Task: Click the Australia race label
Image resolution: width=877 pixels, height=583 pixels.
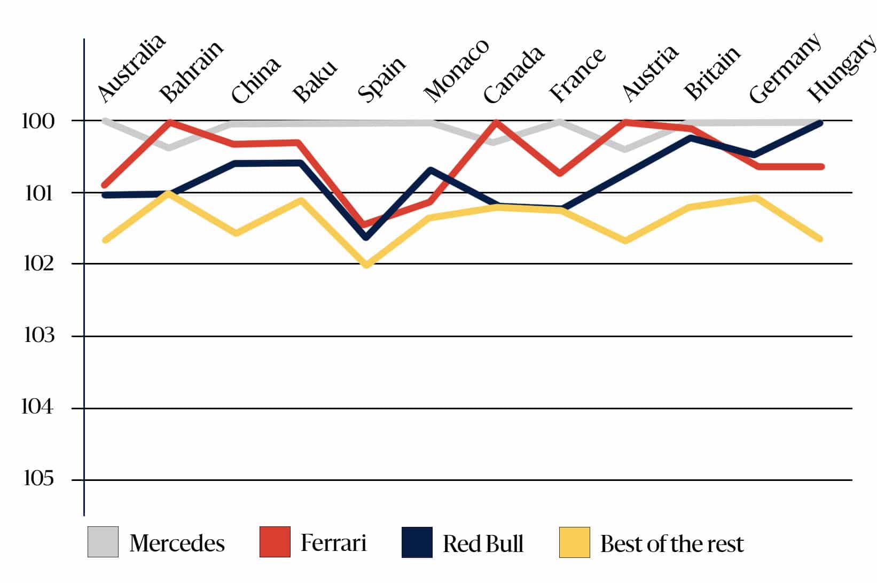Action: coord(131,68)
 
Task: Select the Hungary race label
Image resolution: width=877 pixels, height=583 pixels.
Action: coord(841,68)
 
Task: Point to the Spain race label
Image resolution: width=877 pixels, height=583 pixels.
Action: coord(381,80)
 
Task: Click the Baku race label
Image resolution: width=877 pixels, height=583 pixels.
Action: coord(315,81)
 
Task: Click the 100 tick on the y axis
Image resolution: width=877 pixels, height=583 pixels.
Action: coord(38,121)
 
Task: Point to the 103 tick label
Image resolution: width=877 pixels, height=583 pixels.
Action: coord(39,336)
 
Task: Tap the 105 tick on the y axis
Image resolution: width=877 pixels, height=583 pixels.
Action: coord(39,478)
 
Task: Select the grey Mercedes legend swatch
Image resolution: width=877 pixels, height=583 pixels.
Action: coord(103,542)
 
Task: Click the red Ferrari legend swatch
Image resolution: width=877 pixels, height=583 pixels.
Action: coord(275,542)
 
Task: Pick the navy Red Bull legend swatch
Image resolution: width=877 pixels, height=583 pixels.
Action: coord(417,542)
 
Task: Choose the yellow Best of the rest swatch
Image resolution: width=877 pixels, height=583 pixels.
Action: coord(575,542)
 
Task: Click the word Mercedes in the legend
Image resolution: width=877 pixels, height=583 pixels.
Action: coord(177,543)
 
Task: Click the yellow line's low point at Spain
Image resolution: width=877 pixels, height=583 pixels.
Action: coord(366,265)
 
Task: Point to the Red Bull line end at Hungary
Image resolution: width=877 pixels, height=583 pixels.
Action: coord(820,123)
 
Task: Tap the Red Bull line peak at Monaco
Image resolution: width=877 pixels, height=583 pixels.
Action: coord(430,170)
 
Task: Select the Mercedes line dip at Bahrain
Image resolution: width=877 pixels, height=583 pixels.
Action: coord(169,147)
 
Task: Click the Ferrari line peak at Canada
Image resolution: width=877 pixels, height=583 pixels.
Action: coord(496,122)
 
